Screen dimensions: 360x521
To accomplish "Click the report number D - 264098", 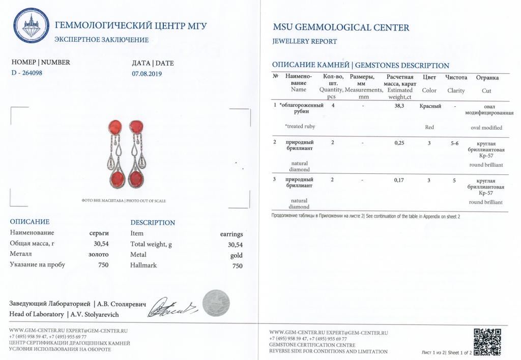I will point(26,73).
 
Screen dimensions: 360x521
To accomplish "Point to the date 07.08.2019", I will point(147,73).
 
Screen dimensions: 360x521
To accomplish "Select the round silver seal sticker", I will point(216,303).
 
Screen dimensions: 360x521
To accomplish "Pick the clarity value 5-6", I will point(454,143).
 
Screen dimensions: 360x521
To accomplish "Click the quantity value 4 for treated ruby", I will point(333,106).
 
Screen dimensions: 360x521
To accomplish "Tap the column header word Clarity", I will point(456,91).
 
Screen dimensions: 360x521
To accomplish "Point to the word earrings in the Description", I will point(231,234).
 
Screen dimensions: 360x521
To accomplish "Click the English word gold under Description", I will point(236,255).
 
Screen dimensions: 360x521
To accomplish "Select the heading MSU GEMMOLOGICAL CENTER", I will point(341,27).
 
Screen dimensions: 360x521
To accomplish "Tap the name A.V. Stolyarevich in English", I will point(94,314).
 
